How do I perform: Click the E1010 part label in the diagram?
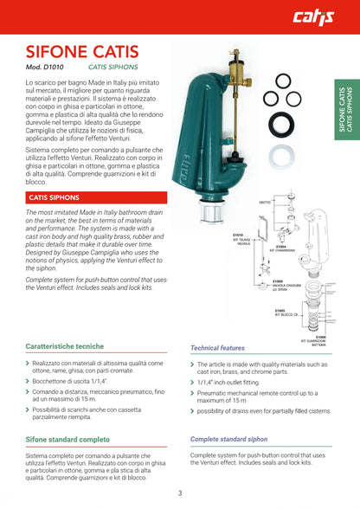click(239, 236)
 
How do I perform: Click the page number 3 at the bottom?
click(180, 493)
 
